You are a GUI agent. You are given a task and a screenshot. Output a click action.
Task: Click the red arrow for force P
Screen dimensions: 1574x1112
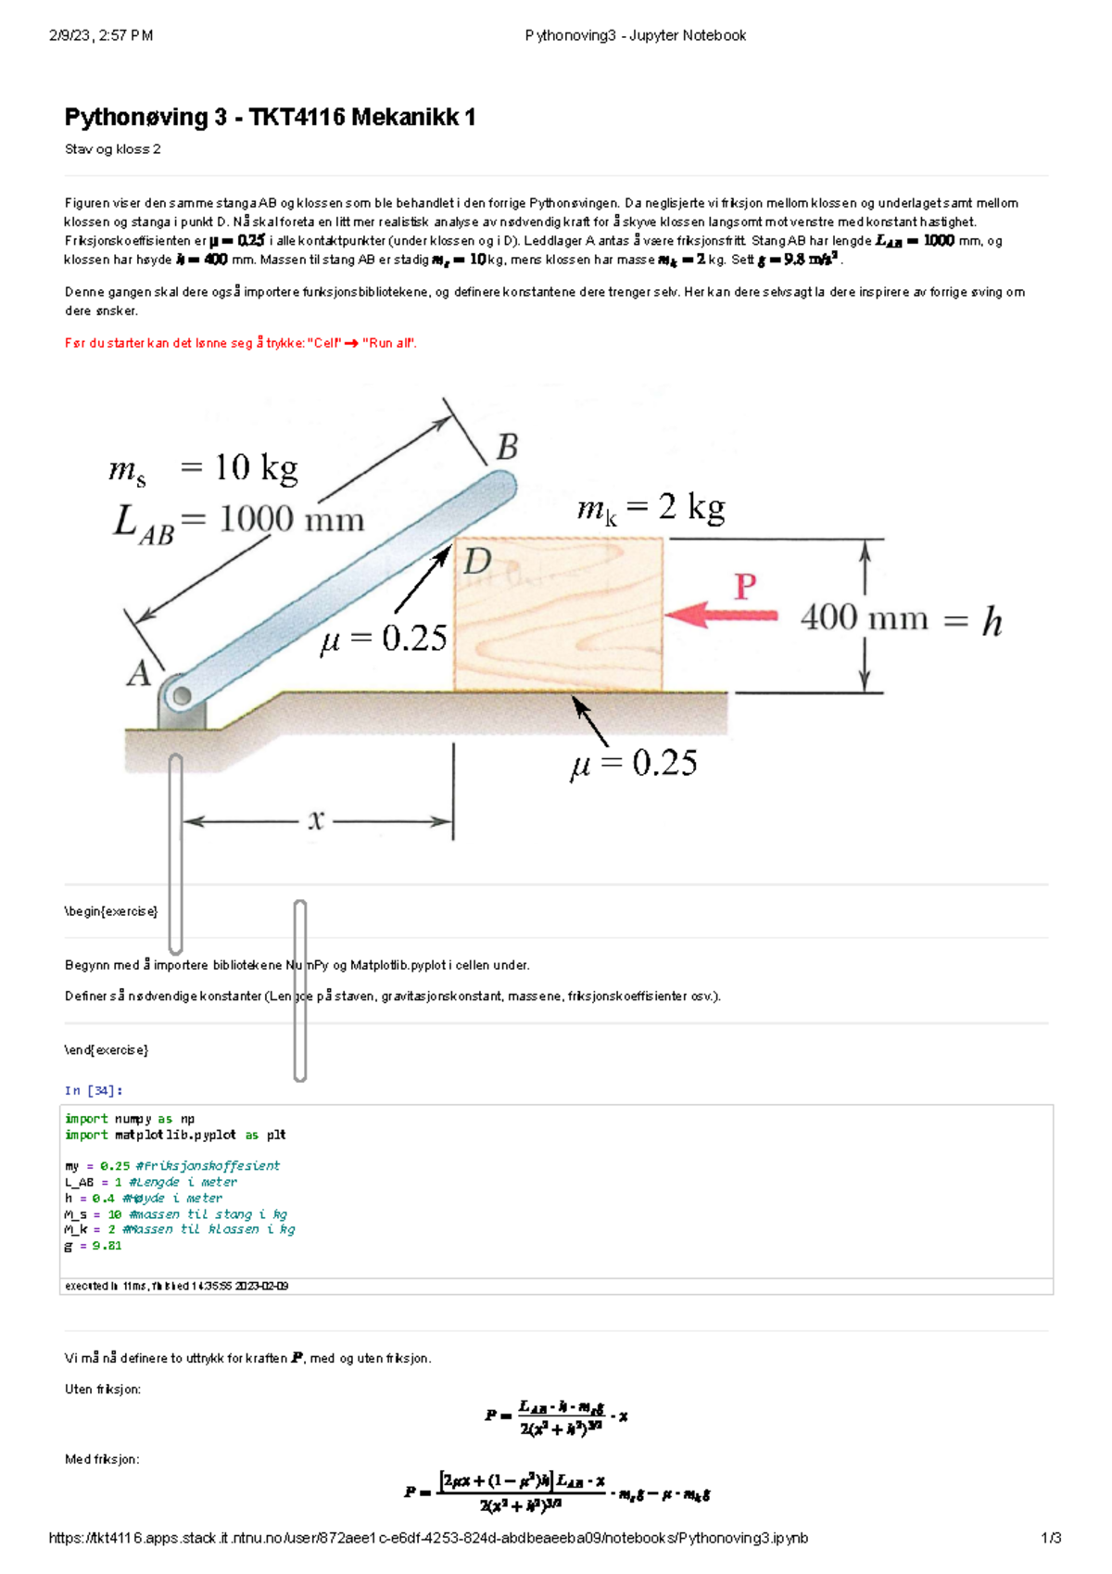pos(721,615)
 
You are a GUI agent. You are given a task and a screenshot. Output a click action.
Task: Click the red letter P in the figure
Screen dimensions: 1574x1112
pos(745,586)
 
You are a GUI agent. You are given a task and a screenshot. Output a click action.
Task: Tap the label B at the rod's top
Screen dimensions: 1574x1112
pos(507,448)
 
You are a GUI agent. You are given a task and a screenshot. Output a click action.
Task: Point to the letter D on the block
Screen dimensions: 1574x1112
pos(477,561)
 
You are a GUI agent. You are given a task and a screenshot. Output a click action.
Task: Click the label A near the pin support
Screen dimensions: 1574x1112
pos(138,673)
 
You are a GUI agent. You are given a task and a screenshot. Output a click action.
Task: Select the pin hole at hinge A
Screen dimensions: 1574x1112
pos(182,695)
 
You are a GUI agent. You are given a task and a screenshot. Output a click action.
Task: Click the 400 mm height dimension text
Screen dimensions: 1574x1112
pos(864,617)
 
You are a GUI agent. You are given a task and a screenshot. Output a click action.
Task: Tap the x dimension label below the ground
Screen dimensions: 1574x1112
pos(316,819)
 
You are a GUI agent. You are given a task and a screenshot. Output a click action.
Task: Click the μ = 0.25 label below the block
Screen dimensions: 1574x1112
pos(634,763)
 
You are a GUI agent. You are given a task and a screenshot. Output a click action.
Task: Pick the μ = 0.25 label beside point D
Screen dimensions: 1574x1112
pos(384,638)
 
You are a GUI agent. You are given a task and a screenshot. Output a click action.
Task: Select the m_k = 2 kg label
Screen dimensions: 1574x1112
pos(651,508)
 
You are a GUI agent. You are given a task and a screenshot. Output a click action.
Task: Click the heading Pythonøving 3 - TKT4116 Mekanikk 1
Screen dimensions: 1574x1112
pos(270,117)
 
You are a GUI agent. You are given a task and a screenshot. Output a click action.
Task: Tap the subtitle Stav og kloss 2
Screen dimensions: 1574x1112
pos(112,149)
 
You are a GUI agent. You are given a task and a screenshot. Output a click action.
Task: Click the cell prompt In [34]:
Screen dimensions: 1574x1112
pos(93,1090)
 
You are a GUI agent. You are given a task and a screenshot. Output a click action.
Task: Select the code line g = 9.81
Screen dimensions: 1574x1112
pos(93,1246)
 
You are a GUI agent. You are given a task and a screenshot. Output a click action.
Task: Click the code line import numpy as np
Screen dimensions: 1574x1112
pos(129,1119)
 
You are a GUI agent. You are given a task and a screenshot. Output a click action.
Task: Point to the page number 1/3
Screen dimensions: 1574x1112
pos(1051,1538)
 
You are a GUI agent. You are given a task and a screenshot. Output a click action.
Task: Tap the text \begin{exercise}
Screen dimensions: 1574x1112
pos(110,911)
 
